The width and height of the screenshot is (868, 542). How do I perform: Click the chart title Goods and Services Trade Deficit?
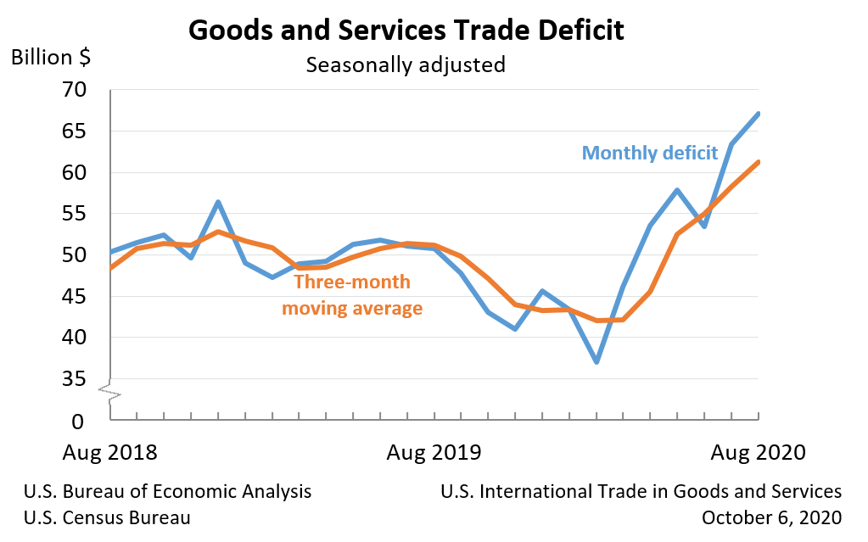[406, 31]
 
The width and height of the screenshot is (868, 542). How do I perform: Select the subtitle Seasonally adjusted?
[406, 64]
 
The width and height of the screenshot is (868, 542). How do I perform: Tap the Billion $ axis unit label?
[52, 58]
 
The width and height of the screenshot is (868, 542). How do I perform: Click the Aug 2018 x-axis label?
[110, 451]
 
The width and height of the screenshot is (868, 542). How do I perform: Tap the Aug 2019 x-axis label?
[434, 451]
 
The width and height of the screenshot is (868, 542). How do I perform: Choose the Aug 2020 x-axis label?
[758, 451]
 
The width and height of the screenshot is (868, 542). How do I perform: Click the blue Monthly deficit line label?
[644, 154]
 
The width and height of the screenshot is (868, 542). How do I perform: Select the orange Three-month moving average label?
[352, 295]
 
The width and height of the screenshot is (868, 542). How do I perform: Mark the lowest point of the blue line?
[596, 362]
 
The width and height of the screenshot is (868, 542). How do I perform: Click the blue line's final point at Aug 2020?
[758, 114]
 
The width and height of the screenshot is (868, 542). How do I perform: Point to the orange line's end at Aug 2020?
[758, 162]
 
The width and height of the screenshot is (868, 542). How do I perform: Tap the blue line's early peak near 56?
[218, 202]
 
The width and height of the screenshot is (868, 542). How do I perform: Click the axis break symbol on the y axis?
[110, 392]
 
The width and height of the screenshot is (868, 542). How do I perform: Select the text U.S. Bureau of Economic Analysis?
[167, 492]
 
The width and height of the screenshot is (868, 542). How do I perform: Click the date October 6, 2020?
[771, 517]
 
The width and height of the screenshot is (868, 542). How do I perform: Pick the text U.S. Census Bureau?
[107, 517]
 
